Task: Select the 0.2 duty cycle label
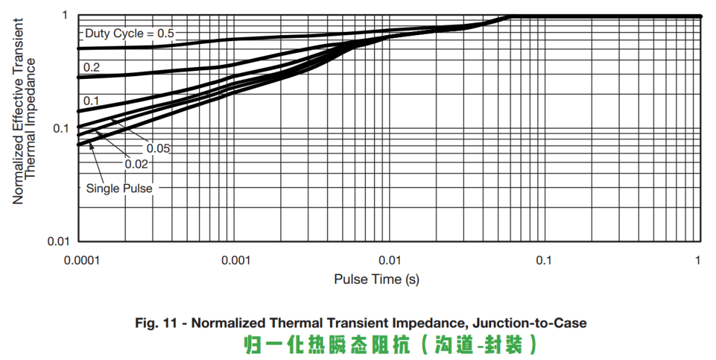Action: point(91,67)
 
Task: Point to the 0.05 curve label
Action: point(158,149)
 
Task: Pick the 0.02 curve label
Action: point(136,163)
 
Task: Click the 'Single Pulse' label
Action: point(119,188)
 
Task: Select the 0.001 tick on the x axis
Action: point(235,261)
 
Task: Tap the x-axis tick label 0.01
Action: point(390,261)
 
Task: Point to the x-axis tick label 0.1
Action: point(544,261)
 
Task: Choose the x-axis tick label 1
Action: point(698,261)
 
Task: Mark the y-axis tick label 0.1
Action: point(62,128)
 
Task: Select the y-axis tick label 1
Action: point(65,15)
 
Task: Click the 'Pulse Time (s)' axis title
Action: point(377,279)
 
